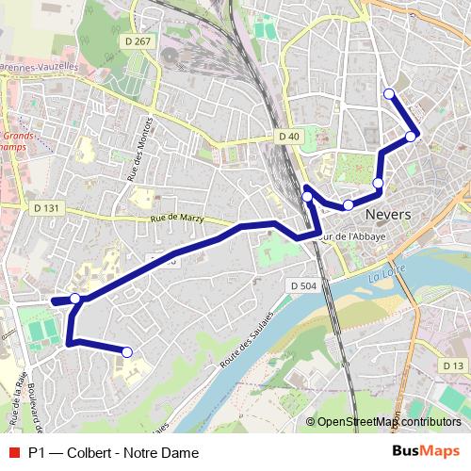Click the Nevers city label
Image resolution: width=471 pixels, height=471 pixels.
pyautogui.click(x=387, y=214)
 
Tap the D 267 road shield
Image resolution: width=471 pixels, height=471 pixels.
pyautogui.click(x=137, y=41)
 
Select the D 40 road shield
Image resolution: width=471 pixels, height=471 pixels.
pyautogui.click(x=289, y=137)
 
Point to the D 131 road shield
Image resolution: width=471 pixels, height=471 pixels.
pyautogui.click(x=46, y=207)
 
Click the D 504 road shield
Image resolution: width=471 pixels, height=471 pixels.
pyautogui.click(x=303, y=285)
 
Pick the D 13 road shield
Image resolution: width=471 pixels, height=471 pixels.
pyautogui.click(x=453, y=365)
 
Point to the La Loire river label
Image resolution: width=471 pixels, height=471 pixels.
pyautogui.click(x=386, y=277)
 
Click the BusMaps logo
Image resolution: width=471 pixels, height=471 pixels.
pyautogui.click(x=427, y=452)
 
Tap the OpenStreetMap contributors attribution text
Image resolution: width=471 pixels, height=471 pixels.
pyautogui.click(x=388, y=422)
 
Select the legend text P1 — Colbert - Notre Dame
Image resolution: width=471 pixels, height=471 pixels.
pyautogui.click(x=113, y=452)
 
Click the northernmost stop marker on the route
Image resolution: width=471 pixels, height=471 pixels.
pyautogui.click(x=389, y=92)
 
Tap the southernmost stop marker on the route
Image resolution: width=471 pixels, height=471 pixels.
pyautogui.click(x=127, y=352)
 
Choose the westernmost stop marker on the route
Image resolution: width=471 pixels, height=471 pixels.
pyautogui.click(x=75, y=300)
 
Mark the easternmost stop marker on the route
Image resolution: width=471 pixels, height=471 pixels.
pyautogui.click(x=412, y=137)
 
